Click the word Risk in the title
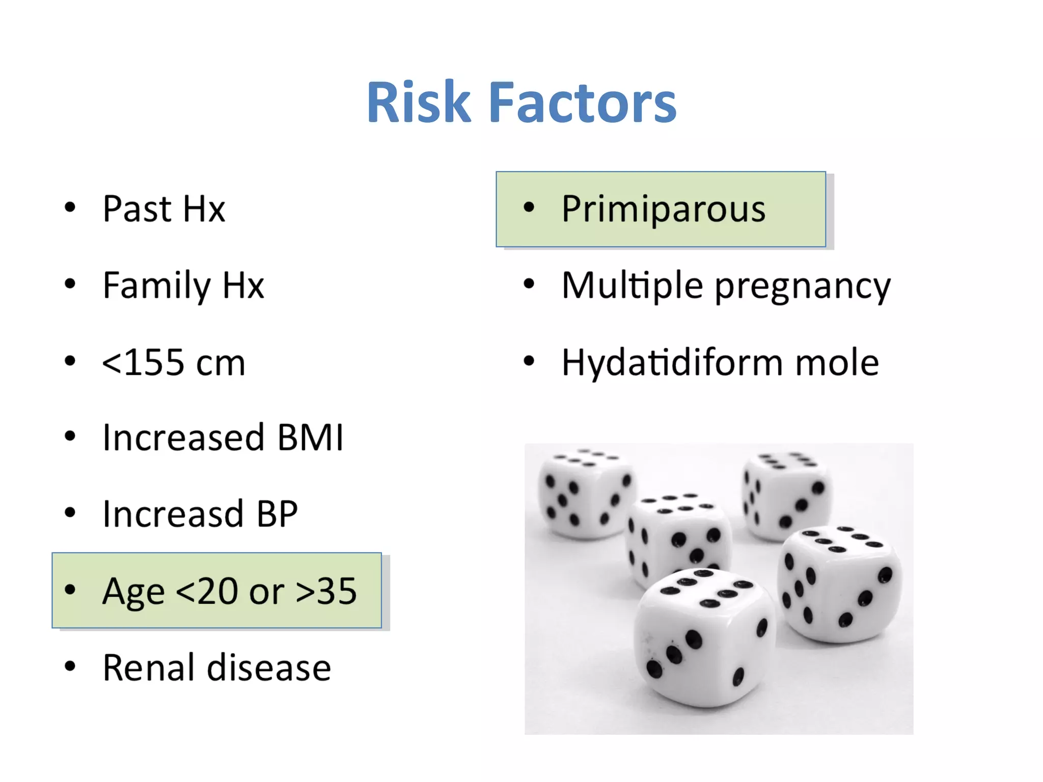[x=419, y=103]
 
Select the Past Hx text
[x=163, y=209]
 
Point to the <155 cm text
[x=174, y=362]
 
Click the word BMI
[x=310, y=438]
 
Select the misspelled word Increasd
[x=173, y=514]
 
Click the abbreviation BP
[x=277, y=514]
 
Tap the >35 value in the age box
[x=326, y=592]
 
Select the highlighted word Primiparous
[x=664, y=209]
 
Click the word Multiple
[x=632, y=286]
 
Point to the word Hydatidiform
[x=672, y=362]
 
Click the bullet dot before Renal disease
[x=70, y=666]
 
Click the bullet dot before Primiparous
[x=529, y=207]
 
